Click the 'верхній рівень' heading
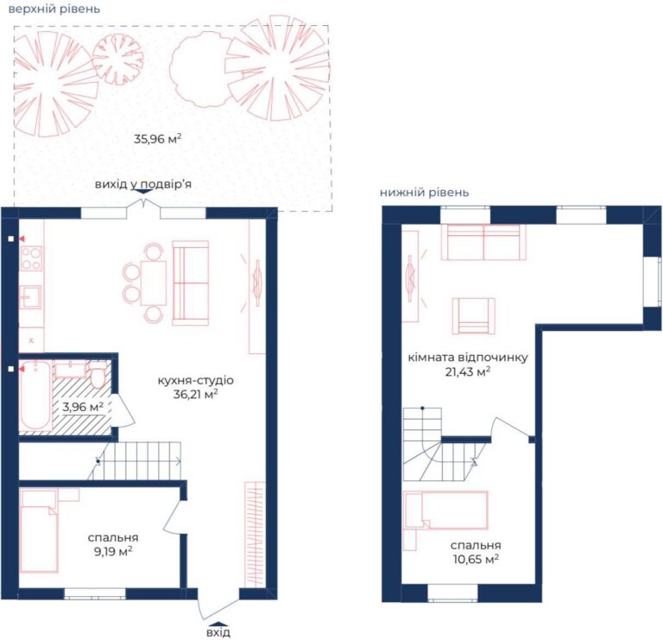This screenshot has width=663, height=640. point(54,9)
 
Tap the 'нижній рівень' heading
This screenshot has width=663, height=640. point(424,193)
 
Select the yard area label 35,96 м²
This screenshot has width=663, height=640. point(158,139)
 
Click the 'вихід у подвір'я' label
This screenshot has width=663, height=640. point(143,185)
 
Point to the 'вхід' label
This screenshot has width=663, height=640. point(218,632)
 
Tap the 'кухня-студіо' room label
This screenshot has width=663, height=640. point(195,380)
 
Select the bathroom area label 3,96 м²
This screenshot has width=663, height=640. point(83,407)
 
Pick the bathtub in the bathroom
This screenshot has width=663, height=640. point(35,396)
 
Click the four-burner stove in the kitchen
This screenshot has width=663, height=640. point(31,259)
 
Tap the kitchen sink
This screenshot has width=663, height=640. point(30,297)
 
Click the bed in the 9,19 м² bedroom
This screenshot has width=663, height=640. point(39,531)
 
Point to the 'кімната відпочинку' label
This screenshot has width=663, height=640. point(468,358)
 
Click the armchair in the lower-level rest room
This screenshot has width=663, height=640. point(474,316)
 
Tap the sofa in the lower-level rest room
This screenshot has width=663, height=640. point(483,242)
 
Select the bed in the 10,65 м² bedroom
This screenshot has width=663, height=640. point(446,510)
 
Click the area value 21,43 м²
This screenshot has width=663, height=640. point(468,372)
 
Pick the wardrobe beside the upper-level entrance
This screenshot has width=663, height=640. point(255,535)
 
